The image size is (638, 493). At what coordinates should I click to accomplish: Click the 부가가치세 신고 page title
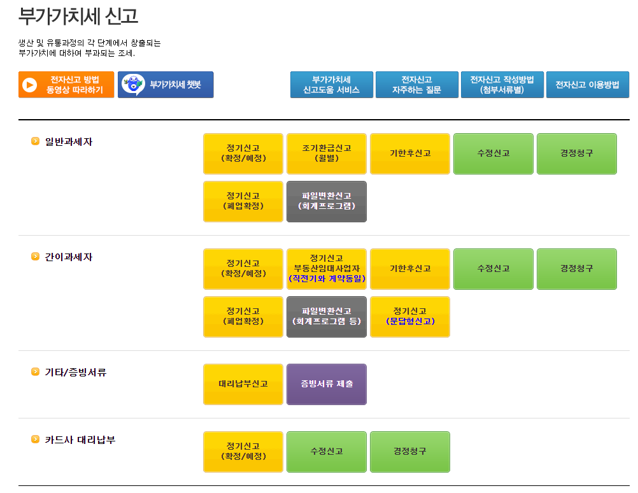pos(78,16)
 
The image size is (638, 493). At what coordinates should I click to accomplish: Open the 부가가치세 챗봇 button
pos(166,85)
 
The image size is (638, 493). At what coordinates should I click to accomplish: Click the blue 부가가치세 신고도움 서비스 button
pos(332,85)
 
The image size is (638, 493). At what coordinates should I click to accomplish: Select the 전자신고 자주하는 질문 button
pos(416,85)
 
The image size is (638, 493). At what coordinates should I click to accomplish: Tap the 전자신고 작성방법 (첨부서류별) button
pos(502,85)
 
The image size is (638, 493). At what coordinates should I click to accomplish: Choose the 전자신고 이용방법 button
pos(587,85)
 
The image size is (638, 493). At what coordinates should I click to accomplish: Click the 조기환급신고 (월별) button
pos(327,154)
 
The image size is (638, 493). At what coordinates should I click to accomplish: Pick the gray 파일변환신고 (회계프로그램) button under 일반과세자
pos(327,201)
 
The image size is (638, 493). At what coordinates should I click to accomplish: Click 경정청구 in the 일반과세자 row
pos(577,154)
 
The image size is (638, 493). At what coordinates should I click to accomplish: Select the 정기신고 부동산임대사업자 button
pos(327,269)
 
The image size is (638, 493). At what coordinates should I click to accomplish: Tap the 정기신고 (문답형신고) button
pos(410,317)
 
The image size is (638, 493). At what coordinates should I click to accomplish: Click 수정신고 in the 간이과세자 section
pos(493,269)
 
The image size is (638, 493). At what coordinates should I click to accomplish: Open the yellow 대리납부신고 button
pos(243,384)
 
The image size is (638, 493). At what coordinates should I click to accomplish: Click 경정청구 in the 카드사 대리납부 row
pos(410,452)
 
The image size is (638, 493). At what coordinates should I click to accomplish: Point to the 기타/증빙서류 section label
pos(76,372)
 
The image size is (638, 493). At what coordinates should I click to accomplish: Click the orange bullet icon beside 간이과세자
pos(36,257)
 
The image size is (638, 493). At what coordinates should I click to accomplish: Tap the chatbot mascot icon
pos(133,85)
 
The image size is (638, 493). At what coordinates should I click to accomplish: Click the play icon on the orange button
pos(29,85)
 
